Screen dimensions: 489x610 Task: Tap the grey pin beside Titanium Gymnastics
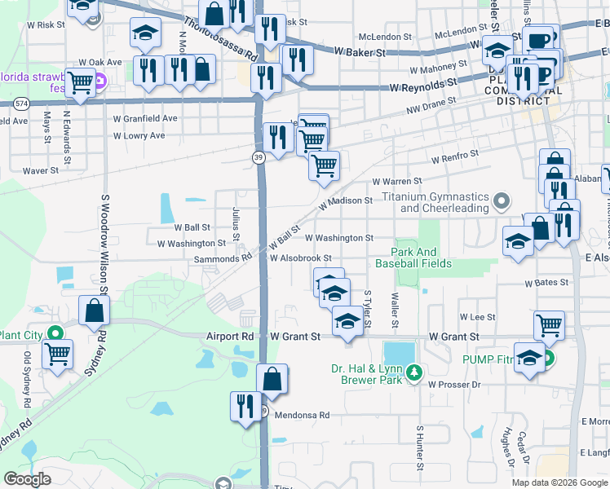pos(502,199)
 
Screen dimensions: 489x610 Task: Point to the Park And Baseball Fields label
pos(415,258)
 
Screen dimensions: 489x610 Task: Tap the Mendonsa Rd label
pos(301,415)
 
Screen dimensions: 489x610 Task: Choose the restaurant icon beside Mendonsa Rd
pos(245,405)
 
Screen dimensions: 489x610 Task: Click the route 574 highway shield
pos(21,104)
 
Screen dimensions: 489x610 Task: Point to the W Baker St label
pos(360,51)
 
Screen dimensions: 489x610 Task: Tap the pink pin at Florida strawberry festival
pos(100,81)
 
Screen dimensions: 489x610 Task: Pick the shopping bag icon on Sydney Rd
pos(95,311)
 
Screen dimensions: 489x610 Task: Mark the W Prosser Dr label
pos(454,384)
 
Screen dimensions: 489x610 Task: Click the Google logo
pos(28,479)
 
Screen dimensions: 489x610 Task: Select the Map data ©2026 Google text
pos(559,482)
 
